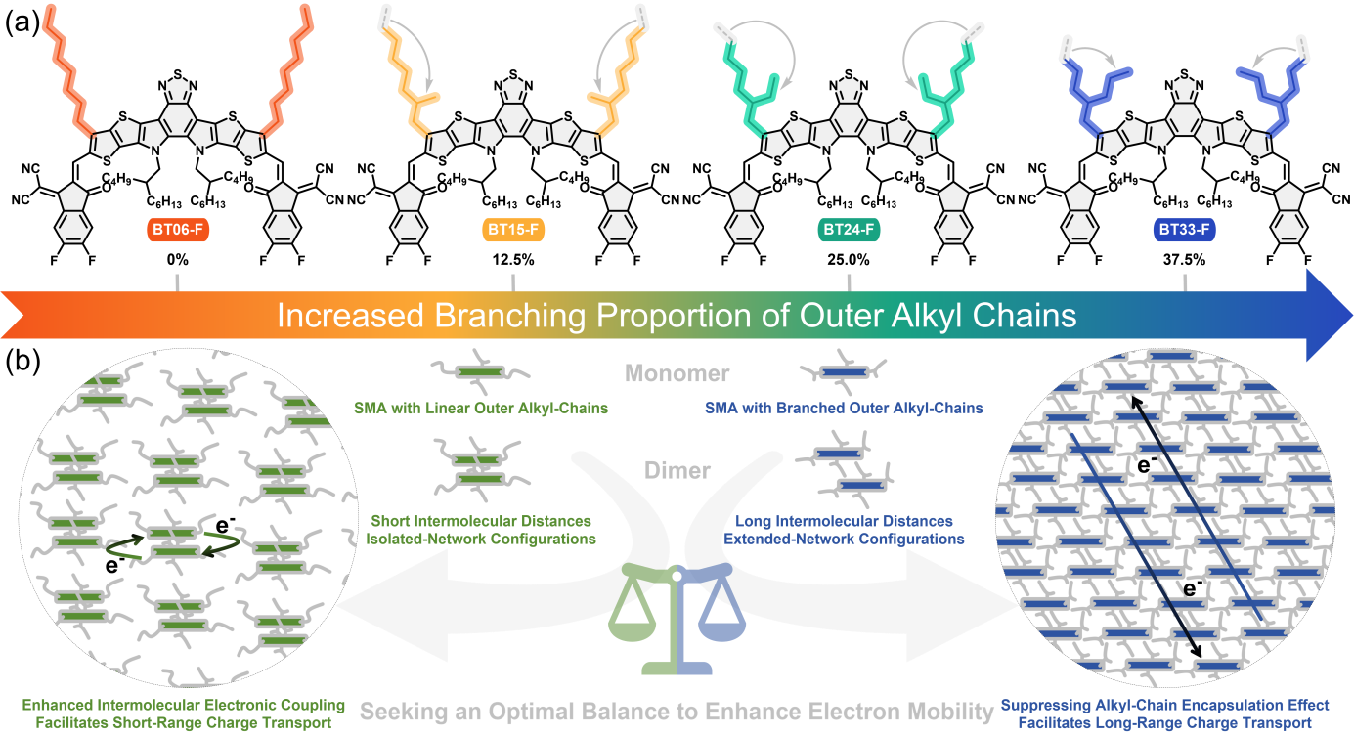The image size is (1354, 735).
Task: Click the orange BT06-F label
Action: pos(176,231)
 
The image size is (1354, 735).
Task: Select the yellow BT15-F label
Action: pos(513,231)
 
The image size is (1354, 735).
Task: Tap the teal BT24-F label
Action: pos(848,231)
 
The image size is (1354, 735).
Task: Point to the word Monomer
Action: pos(677,373)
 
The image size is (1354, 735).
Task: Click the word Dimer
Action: pos(677,470)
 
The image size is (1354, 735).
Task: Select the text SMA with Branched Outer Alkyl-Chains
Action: pos(844,408)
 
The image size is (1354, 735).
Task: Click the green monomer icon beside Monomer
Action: pos(479,371)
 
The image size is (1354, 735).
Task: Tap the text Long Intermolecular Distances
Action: pos(844,521)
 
